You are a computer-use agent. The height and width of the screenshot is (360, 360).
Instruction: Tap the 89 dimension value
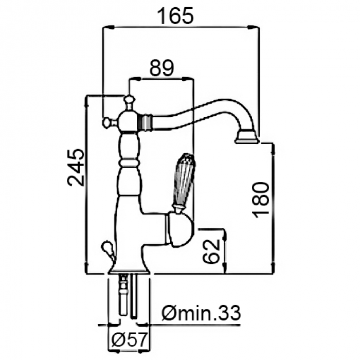161,67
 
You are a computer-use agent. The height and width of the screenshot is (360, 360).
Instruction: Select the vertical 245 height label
75,167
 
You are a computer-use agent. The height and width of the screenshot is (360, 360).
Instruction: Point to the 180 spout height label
261,200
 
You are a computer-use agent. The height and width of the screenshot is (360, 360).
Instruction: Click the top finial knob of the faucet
129,99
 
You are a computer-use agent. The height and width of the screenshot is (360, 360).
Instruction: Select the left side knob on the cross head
107,122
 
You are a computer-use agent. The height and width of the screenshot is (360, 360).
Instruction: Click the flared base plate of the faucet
129,269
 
